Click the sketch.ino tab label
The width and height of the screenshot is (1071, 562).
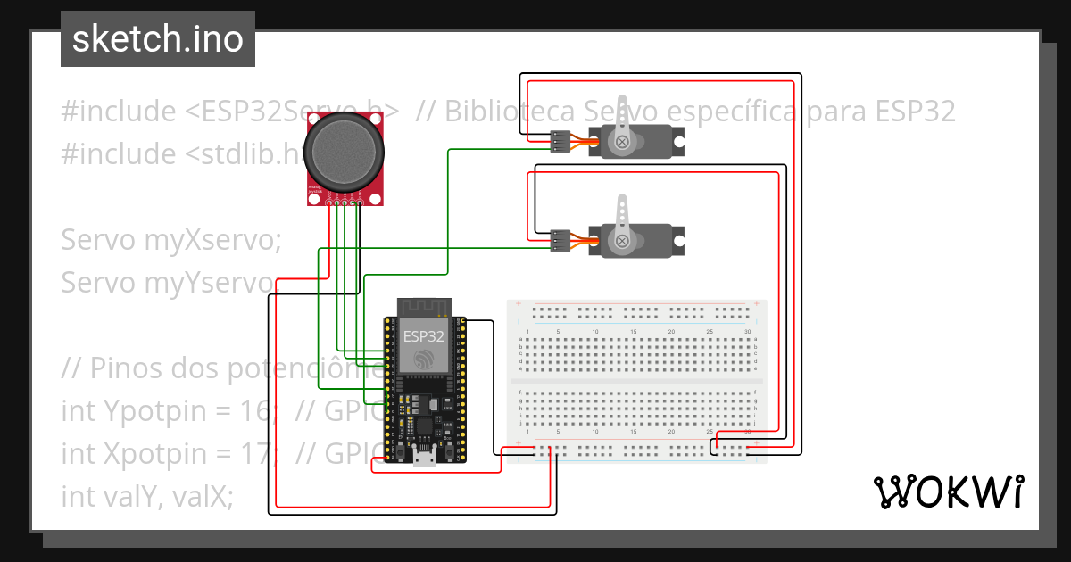tap(157, 40)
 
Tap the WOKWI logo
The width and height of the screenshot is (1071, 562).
tap(947, 492)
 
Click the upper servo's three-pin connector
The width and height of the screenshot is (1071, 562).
tap(560, 142)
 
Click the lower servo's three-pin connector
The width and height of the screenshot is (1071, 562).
tap(560, 239)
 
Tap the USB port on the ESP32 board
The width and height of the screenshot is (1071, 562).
tap(425, 459)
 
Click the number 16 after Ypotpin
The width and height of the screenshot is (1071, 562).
tap(252, 411)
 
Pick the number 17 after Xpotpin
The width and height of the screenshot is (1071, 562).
tap(252, 453)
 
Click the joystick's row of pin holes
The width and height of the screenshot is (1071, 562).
tap(345, 203)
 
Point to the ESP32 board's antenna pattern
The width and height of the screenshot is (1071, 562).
tap(424, 308)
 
